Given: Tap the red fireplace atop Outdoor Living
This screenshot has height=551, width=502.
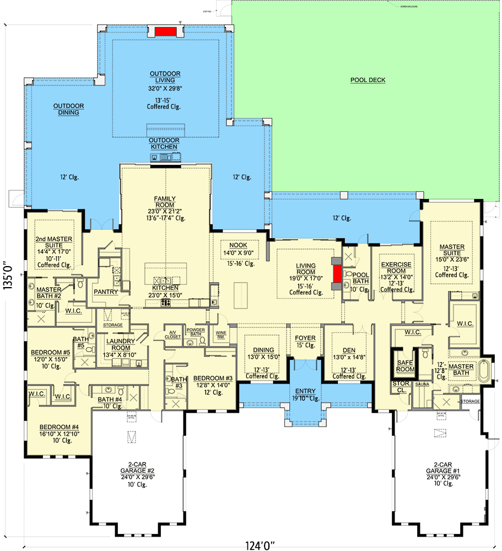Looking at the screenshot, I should [x=165, y=31].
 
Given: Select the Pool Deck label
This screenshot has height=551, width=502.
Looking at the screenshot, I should [x=368, y=80].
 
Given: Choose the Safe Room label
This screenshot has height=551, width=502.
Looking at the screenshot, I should [x=405, y=365].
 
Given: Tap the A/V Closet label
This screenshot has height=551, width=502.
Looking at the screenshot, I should [x=172, y=334].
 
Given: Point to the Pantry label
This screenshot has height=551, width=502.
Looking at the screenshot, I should [x=106, y=291].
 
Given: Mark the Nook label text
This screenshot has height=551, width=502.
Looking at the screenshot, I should [x=238, y=246].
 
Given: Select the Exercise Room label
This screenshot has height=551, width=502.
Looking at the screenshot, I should [x=396, y=268].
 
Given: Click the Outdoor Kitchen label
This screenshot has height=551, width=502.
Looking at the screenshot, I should [x=164, y=144].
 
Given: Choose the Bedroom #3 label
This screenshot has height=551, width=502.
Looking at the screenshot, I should [x=213, y=378].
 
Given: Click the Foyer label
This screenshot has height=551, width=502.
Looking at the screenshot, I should [x=305, y=338].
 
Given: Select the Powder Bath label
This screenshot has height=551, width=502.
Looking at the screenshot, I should [x=195, y=331].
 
